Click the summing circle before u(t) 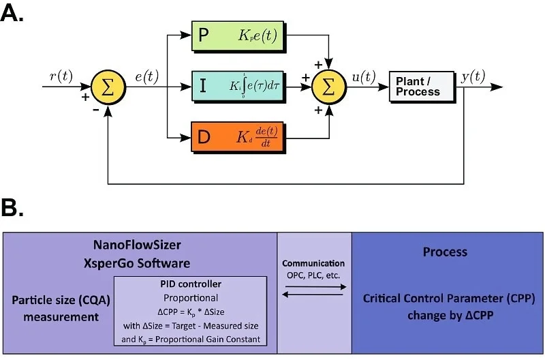click(328, 87)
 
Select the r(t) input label click(61, 76)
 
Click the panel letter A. click(12, 14)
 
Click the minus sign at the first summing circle click(87, 109)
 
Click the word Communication click(314, 263)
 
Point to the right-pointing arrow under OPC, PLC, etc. click(314, 287)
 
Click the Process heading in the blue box click(445, 252)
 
